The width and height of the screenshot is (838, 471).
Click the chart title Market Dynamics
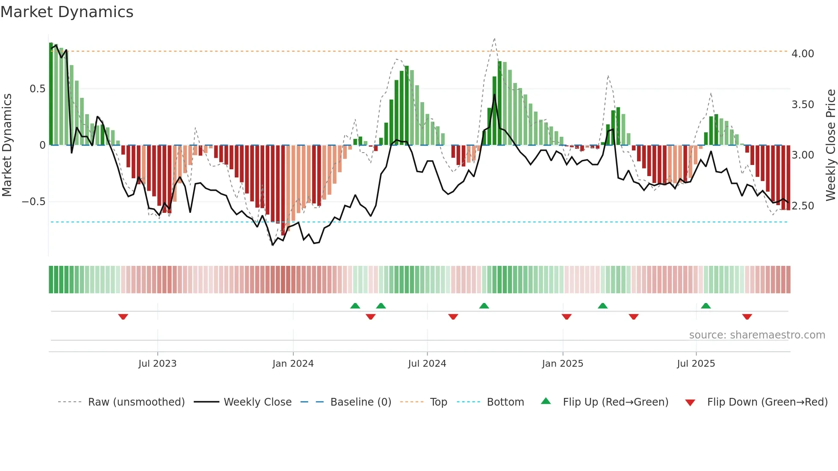[67, 12]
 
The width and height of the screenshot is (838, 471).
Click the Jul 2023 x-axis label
[157, 364]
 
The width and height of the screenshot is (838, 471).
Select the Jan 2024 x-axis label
[293, 364]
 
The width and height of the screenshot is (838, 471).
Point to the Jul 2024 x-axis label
[427, 364]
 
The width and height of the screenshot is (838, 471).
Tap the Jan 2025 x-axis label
[562, 364]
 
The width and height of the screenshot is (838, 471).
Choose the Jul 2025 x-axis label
[696, 364]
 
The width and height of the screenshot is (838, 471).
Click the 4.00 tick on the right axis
[803, 54]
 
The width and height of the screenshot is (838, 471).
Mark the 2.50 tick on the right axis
[803, 206]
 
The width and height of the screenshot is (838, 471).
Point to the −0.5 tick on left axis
[33, 202]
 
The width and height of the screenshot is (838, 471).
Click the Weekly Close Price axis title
[830, 145]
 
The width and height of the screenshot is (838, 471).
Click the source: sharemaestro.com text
[757, 335]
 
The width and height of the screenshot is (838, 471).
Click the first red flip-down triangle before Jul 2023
[123, 317]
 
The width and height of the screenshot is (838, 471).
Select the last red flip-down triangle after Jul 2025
[747, 317]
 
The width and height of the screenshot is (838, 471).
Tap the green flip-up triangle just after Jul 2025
[706, 306]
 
